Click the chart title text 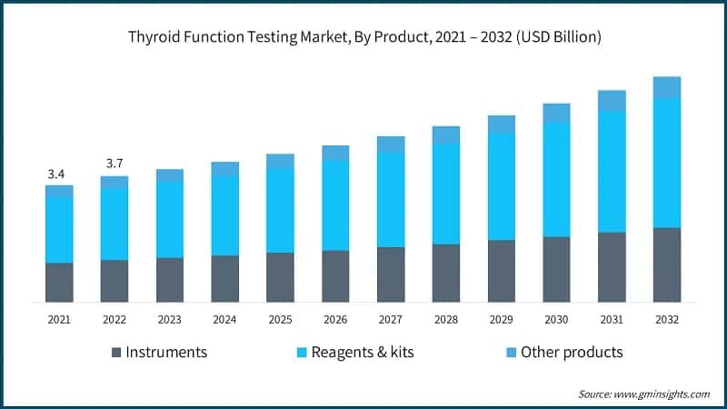[363, 38]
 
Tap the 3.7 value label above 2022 [115, 164]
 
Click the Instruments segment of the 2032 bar [666, 264]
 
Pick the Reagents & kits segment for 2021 [59, 230]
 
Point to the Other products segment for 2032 [666, 87]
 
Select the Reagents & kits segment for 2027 [391, 200]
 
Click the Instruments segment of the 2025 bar [280, 277]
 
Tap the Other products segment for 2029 [501, 125]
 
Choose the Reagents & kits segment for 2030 [556, 179]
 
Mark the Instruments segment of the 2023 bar [170, 280]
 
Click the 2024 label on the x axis [224, 320]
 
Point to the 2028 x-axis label [445, 320]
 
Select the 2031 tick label [611, 320]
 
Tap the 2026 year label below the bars [335, 320]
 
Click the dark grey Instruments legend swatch [115, 353]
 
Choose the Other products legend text [571, 353]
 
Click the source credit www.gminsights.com [643, 394]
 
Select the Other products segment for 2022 [115, 183]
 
